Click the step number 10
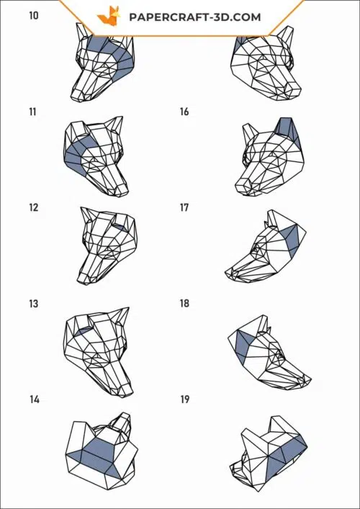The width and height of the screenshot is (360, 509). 33,15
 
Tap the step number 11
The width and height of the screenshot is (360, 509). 33,112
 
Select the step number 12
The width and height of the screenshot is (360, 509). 33,207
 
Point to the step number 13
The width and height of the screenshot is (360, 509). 33,304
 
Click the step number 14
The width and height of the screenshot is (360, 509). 34,400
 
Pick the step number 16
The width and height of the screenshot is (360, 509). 184,112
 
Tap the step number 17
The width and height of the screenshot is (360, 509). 184,207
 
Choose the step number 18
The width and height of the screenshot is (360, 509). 184,304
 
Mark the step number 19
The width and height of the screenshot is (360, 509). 184,400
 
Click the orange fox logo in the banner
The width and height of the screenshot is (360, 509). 109,16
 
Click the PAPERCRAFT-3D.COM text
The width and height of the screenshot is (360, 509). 195,17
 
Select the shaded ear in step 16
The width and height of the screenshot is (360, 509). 287,129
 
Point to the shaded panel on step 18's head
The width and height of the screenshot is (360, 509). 243,345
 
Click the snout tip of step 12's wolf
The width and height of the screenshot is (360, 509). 82,281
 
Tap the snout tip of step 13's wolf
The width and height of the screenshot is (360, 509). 127,392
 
